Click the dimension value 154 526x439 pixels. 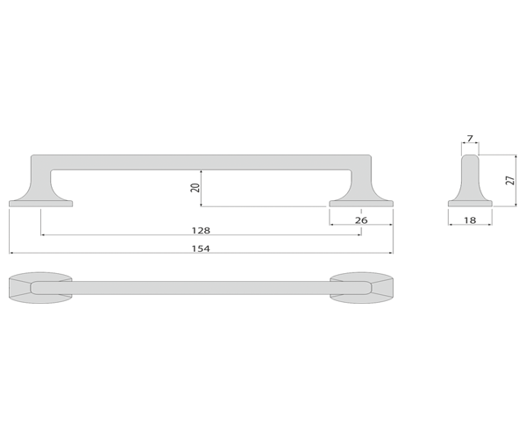pos(201,248)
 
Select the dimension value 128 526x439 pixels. pos(201,230)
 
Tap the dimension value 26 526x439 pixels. pos(361,220)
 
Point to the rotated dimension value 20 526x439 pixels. pos(195,188)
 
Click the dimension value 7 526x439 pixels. pos(470,138)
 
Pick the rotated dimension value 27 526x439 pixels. pos(510,180)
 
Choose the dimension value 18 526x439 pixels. pos(470,220)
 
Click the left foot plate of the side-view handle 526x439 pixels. pos(40,204)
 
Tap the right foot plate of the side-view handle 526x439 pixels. pos(361,204)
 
